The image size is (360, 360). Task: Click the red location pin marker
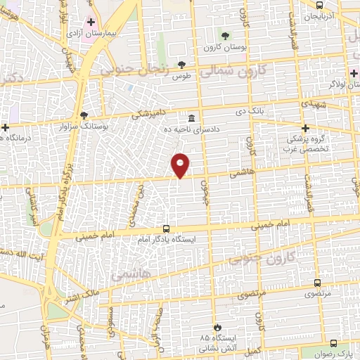click(181, 165)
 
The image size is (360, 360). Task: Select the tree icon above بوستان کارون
click(224, 35)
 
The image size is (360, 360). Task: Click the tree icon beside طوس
click(181, 65)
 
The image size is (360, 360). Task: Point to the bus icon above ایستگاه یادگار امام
click(166, 229)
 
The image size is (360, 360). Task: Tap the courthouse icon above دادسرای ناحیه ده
click(191, 118)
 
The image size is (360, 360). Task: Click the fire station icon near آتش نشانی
click(218, 327)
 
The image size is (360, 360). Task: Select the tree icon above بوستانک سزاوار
click(84, 115)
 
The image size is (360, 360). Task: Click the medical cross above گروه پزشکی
click(305, 128)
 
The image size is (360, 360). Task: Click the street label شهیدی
click(331, 103)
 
